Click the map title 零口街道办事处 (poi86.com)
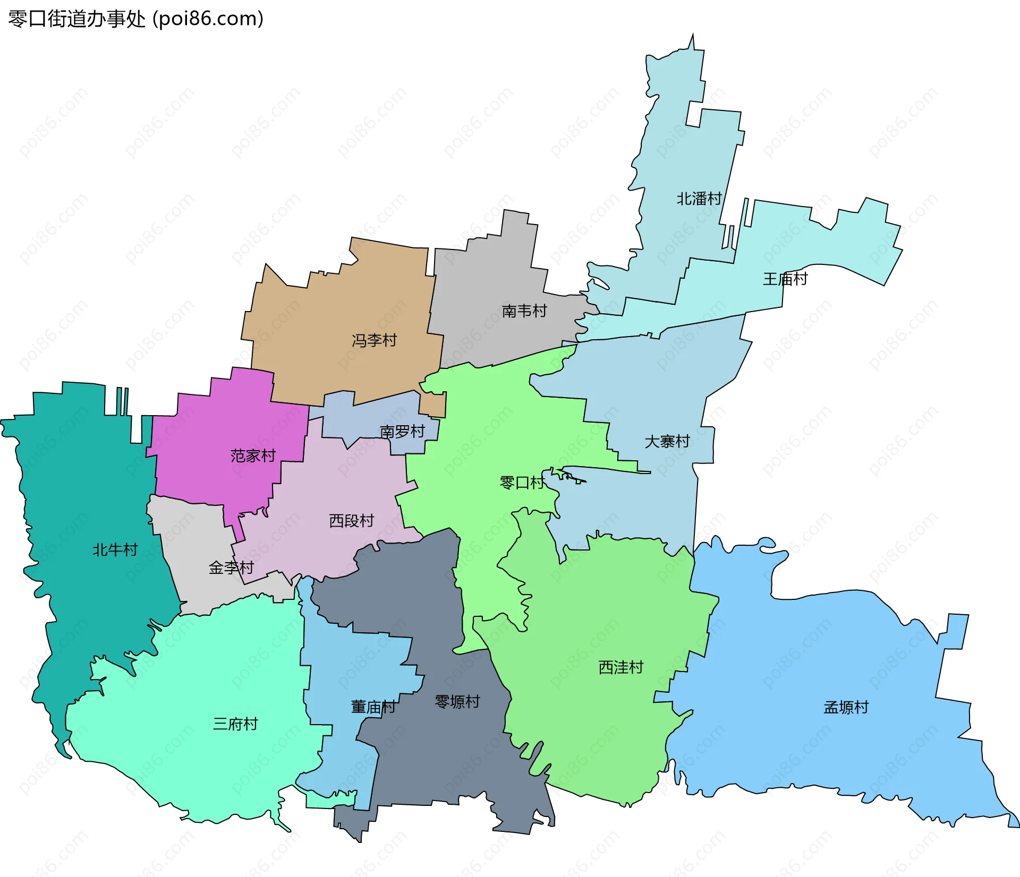pos(136,19)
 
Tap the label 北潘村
pos(699,199)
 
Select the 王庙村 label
pos(785,279)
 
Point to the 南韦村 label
pos(524,311)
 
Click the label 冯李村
pos(375,340)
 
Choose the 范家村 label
pos(253,455)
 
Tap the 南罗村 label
pos(402,432)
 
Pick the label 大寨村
pos(667,441)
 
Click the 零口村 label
pos(522,483)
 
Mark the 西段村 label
pos(352,521)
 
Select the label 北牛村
pos(115,549)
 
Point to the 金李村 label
pos(231,568)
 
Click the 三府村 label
pos(235,724)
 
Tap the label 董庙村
pos(373,707)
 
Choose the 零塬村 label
pos(457,702)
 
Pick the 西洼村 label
pos(621,667)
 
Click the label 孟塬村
pos(846,707)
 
